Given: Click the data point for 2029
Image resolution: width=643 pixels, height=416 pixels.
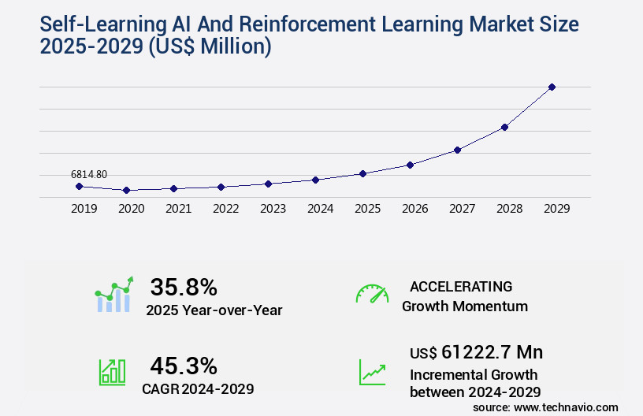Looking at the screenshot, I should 552,87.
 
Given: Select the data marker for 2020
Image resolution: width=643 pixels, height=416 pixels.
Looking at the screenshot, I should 126,190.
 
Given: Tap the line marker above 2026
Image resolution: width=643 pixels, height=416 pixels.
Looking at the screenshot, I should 410,165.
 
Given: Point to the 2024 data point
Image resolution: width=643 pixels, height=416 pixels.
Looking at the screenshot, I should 315,180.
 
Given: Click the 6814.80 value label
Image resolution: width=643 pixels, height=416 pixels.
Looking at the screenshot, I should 89,174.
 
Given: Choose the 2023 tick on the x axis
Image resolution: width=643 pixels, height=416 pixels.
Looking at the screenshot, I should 273,209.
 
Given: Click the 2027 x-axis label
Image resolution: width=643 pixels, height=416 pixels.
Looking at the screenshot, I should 462,209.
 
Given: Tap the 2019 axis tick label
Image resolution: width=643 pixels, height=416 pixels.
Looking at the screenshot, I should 84,209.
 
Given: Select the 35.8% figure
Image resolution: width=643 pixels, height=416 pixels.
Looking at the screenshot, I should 184,286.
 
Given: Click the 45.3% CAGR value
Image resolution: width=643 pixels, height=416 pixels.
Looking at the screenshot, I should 184,366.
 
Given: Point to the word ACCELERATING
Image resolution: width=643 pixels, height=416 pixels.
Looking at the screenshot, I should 461,286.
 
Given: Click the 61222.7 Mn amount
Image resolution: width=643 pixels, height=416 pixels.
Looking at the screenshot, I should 492,352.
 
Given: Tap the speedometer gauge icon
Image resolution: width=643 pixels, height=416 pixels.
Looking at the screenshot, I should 372,294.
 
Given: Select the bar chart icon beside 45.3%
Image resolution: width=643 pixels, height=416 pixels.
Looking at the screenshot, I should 112,372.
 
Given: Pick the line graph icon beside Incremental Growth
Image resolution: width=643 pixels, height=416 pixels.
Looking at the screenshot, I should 372,372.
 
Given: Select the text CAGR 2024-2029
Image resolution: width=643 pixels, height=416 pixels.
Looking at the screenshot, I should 198,388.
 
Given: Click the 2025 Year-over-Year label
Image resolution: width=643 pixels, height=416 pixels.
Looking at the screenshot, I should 214,310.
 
